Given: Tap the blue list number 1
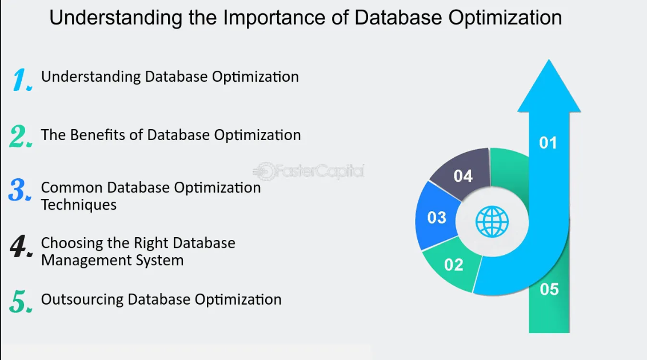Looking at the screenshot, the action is (x=22, y=79).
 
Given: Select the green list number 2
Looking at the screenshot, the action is (x=20, y=136).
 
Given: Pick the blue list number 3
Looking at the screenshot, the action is (x=20, y=190).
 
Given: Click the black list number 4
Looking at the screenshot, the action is (x=21, y=246).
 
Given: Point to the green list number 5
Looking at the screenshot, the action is (x=21, y=301).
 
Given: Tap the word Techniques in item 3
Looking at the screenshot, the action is (x=79, y=205).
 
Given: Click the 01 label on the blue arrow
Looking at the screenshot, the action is (x=548, y=143).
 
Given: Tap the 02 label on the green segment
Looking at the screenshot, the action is (x=453, y=265).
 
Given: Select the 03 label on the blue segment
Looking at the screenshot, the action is (x=437, y=217).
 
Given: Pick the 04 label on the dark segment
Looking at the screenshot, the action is (x=462, y=176).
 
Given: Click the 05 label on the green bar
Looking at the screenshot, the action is (x=549, y=290).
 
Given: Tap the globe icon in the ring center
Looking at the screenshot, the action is (x=492, y=222).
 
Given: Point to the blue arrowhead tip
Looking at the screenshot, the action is (x=549, y=59).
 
